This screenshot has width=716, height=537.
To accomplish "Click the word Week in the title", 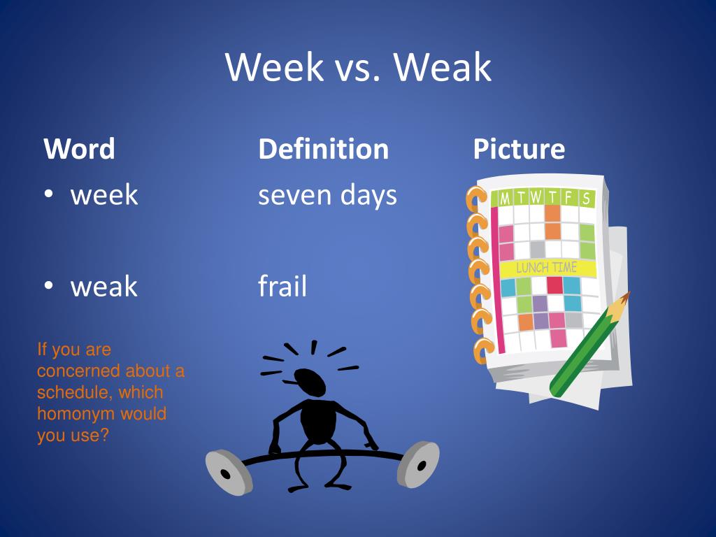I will [274, 68].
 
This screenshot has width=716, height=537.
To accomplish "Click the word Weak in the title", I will [442, 68].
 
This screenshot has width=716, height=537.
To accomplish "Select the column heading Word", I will [79, 149].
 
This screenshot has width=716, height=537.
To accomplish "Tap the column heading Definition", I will [323, 149].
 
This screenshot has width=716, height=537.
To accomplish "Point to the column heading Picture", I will [518, 149].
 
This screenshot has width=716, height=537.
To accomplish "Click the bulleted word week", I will [104, 195].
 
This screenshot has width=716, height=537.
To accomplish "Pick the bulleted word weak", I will [104, 287].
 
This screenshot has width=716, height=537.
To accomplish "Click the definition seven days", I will [327, 195].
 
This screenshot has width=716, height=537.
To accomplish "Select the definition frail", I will [282, 287].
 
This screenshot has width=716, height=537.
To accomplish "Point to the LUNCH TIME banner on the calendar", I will [547, 268].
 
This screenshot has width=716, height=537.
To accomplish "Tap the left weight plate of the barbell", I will [228, 472].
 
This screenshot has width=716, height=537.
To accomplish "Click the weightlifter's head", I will [309, 382].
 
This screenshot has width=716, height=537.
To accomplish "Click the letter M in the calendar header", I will [504, 199].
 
